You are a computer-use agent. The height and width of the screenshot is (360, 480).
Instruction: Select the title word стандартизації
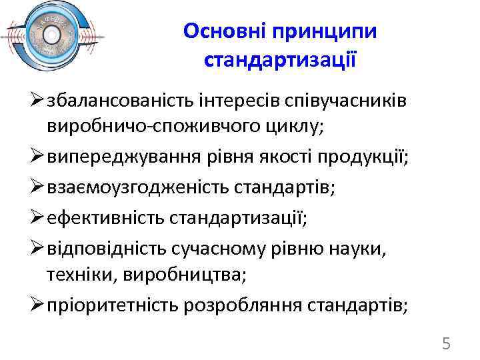pos(280,60)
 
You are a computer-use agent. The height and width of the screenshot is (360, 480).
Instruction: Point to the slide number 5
pos(446,344)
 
